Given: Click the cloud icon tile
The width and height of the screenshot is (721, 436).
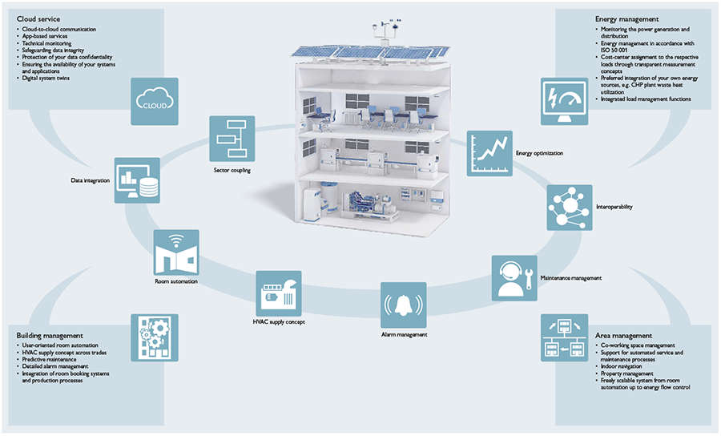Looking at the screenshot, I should (153, 101).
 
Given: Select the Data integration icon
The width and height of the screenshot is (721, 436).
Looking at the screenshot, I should (137, 180).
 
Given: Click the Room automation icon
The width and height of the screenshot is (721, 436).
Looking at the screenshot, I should (176, 253).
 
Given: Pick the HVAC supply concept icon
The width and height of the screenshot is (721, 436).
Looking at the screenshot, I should (278, 293).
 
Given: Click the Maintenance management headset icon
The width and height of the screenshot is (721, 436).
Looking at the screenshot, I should (514, 278).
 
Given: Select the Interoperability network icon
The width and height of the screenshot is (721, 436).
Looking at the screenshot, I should (570, 208).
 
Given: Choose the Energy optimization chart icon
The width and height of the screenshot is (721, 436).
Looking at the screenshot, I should (489, 154).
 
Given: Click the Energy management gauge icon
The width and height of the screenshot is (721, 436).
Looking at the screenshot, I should (564, 101).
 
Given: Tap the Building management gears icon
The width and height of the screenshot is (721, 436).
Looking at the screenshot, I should (153, 337).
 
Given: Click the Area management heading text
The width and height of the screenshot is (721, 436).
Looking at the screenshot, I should (623, 335).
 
